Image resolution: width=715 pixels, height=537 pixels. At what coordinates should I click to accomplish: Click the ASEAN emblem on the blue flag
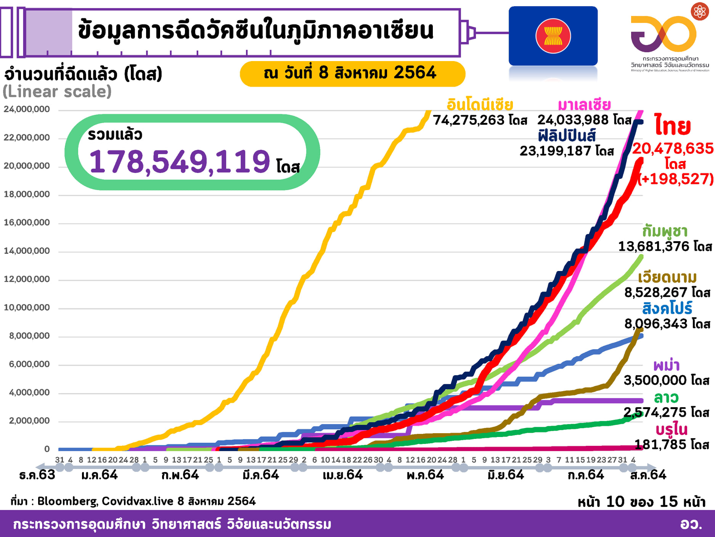[553, 36]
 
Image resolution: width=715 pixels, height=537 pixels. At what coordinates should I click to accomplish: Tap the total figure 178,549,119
[180, 161]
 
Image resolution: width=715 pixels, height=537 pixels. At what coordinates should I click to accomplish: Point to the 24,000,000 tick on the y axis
[27, 110]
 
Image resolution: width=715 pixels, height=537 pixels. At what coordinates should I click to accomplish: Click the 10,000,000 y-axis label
[27, 308]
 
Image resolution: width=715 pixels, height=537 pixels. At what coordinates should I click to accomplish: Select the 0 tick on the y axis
[47, 449]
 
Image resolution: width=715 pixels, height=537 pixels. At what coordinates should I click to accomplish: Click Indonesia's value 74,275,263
[469, 120]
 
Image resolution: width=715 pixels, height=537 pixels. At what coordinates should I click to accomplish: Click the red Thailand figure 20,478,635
[673, 148]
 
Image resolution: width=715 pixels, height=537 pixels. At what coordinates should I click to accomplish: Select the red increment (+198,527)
[676, 179]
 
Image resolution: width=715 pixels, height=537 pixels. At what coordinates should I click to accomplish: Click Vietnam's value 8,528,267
[656, 293]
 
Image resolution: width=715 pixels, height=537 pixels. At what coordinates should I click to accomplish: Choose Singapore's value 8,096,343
[656, 324]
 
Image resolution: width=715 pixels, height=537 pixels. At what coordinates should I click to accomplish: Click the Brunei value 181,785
[662, 445]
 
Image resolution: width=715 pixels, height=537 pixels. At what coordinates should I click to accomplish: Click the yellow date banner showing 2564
[352, 73]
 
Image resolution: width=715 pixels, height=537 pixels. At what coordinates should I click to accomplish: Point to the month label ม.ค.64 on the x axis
[100, 475]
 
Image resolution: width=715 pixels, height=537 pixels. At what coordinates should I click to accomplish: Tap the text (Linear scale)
[57, 92]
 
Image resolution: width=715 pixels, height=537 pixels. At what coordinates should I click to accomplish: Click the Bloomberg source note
[133, 501]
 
